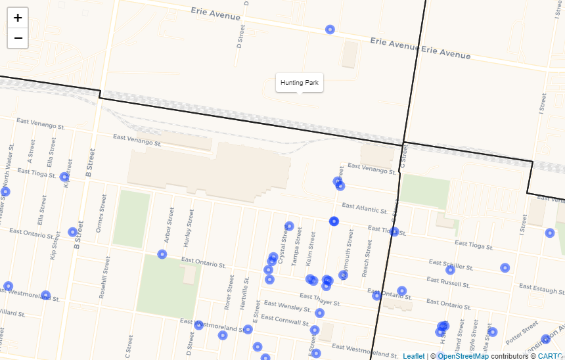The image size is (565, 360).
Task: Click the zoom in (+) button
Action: coord(18,18)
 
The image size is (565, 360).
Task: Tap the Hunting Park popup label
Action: coord(299,83)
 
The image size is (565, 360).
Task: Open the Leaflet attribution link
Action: coord(413,356)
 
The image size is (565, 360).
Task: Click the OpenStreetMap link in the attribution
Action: coord(463,356)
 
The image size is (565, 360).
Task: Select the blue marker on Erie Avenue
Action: coord(330,30)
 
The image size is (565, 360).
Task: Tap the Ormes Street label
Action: coord(101,213)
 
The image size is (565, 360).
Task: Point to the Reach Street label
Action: coord(367,258)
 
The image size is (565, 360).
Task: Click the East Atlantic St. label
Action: coord(365,208)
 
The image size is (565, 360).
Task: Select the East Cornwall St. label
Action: coord(285,320)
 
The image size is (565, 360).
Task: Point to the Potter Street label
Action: coord(522,332)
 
